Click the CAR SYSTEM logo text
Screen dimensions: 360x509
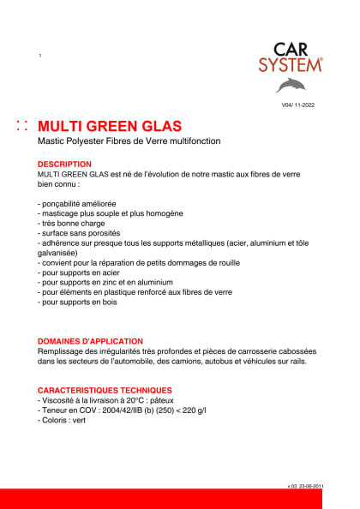pyautogui.click(x=291, y=56)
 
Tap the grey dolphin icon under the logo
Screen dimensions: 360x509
pyautogui.click(x=291, y=85)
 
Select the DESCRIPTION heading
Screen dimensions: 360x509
pyautogui.click(x=64, y=164)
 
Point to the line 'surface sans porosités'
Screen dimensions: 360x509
pyautogui.click(x=79, y=233)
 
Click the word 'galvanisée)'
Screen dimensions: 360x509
pyautogui.click(x=58, y=253)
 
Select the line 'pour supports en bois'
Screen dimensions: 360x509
pyautogui.click(x=78, y=302)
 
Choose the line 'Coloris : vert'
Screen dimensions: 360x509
pyautogui.click(x=63, y=420)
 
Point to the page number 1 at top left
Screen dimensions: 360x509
pyautogui.click(x=40, y=56)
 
